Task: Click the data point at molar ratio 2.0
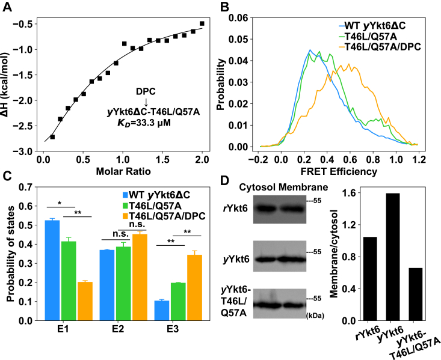tap(202, 23)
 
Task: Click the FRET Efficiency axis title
tap(339, 172)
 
